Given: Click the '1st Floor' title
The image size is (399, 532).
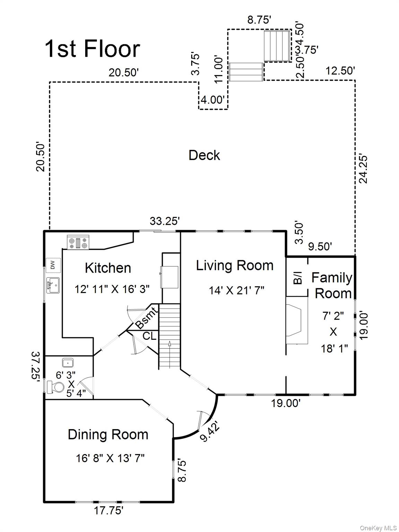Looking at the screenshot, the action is tap(92, 49).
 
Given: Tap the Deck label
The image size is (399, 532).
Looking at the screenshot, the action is tap(204, 155).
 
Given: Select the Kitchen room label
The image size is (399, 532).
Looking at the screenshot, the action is tap(108, 268).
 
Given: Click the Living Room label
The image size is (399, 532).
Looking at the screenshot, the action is tap(234, 265).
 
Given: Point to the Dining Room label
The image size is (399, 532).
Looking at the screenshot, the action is tap(108, 435).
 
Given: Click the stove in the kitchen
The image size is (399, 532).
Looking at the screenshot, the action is tap(78, 242).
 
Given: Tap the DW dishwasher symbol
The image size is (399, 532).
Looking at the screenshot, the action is tap(53, 265).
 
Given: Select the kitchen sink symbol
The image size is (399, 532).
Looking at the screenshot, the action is tap(53, 285).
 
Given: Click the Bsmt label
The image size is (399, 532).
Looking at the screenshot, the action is tap(146, 318).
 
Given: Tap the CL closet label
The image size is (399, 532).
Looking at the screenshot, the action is tap(149, 336).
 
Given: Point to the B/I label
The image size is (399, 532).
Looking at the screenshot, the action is tap(298, 278).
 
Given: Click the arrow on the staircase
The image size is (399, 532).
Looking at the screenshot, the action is tap(170, 344).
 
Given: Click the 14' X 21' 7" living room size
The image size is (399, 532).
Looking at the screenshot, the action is tap(237, 290).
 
